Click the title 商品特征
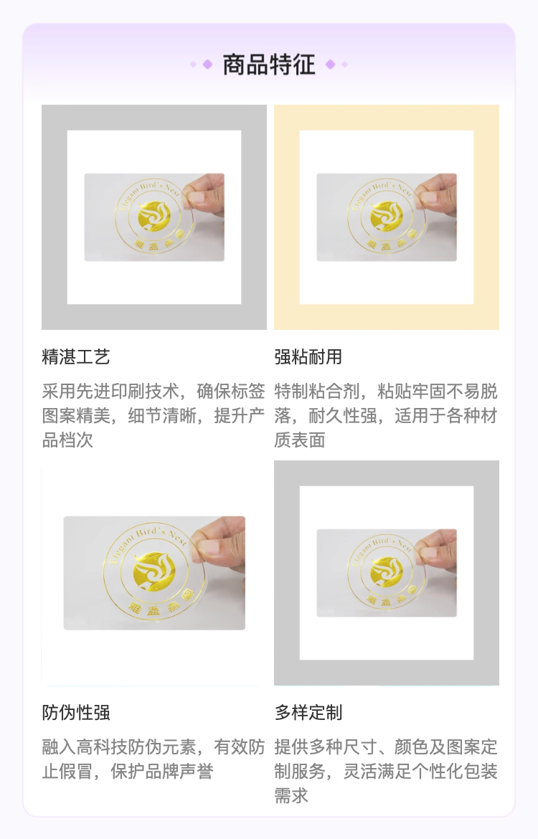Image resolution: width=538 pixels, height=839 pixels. pos(269,65)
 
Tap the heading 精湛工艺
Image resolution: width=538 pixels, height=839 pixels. pos(76,357)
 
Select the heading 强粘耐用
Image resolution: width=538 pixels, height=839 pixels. pos(308,357)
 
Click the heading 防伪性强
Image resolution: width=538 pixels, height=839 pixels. pos(76,713)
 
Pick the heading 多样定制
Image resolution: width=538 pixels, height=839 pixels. pos(308,713)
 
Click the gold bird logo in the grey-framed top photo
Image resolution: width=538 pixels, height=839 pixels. pos(154,216)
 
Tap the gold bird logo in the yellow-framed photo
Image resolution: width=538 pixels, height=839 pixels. pos(387,216)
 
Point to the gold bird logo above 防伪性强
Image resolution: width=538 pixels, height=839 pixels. pos(154,571)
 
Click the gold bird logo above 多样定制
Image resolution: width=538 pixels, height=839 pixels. pos(387,572)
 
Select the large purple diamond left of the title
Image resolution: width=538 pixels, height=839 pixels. pos(207,65)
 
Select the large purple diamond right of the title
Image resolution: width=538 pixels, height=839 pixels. pos(330,65)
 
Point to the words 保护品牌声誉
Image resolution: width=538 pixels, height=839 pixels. pos(161,772)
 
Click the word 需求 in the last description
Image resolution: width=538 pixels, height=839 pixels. pos(291,796)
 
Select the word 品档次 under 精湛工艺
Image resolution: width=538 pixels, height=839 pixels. pos(67,440)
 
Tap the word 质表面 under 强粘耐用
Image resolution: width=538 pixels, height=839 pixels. pos(300,440)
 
